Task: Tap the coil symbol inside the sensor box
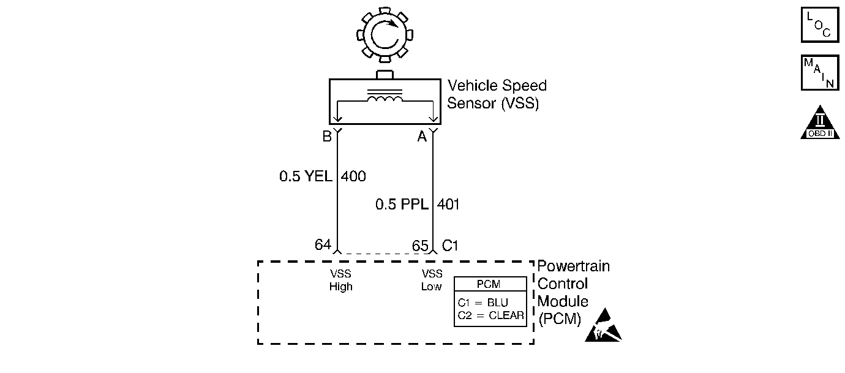385,100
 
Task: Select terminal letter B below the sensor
327,137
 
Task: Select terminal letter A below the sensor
422,137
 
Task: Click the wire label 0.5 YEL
306,177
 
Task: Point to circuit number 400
353,177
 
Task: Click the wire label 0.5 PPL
402,204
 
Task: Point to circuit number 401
448,204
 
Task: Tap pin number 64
323,245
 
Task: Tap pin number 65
420,246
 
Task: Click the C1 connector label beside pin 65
450,246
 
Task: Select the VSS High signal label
340,281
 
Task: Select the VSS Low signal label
432,281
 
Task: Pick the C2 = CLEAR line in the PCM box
490,316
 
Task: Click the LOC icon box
819,25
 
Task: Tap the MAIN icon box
819,73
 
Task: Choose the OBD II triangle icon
819,125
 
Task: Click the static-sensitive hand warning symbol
603,326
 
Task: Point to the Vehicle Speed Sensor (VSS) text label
497,94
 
